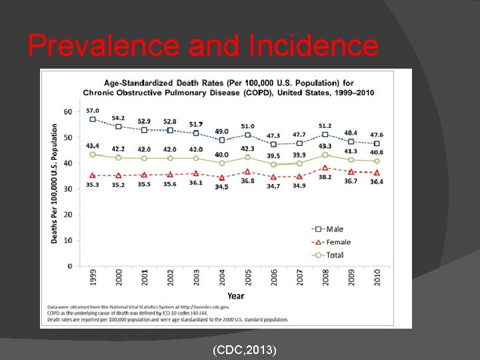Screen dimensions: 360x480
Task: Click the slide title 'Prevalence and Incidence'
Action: (203, 45)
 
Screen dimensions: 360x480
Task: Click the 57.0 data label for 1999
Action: (93, 111)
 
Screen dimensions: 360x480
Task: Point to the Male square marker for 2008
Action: (325, 135)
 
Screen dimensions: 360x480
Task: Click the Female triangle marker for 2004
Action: (222, 178)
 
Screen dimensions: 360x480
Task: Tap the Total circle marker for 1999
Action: (93, 155)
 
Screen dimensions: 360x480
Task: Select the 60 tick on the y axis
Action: (68, 112)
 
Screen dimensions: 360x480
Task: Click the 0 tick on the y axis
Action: (70, 266)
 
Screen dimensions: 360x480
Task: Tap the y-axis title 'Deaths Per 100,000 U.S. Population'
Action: (55, 183)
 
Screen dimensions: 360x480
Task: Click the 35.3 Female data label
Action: (93, 185)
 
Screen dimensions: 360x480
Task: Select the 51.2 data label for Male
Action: (325, 125)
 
